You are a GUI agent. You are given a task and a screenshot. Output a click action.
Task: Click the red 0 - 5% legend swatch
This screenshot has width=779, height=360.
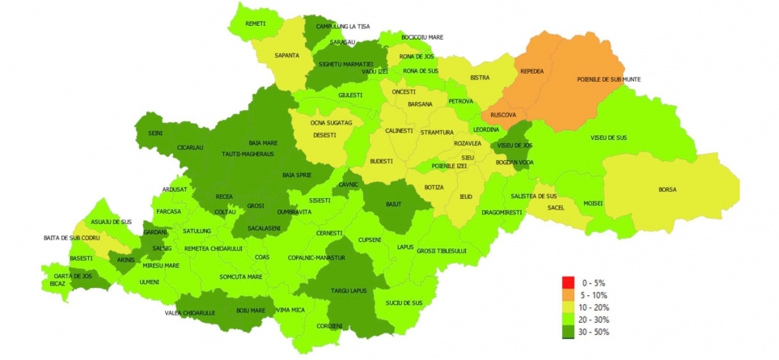[x=568, y=282]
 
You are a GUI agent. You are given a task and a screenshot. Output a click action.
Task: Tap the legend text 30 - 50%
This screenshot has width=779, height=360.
[x=595, y=332]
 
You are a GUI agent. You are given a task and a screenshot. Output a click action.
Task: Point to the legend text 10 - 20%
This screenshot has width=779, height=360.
[x=595, y=307]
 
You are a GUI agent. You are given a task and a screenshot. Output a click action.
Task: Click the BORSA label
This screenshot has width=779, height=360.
[x=667, y=189]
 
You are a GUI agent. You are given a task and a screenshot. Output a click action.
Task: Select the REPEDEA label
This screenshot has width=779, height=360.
[x=532, y=71]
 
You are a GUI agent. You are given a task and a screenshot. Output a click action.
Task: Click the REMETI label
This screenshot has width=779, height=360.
[x=255, y=24]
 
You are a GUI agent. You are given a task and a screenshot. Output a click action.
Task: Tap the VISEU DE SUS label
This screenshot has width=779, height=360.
[x=609, y=138]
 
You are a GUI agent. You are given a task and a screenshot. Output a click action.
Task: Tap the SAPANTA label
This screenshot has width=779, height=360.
[x=286, y=55]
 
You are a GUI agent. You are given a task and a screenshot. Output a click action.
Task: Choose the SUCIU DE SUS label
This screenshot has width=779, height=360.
[x=404, y=303]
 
